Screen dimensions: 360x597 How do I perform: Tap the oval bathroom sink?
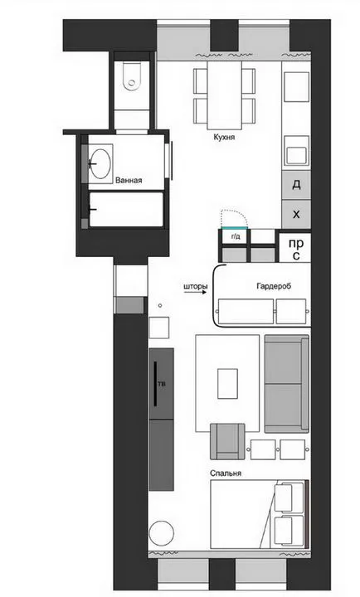click(101, 163)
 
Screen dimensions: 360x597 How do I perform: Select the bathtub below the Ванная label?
click(126, 210)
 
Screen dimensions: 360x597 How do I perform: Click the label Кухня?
click(224, 137)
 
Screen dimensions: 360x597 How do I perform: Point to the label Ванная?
click(129, 181)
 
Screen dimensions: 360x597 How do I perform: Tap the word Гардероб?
click(274, 286)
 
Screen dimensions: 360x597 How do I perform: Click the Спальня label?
click(226, 473)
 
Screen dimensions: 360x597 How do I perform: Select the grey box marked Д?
click(296, 185)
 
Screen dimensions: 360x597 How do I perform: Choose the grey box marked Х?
click(296, 215)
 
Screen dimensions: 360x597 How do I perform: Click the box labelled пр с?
click(294, 248)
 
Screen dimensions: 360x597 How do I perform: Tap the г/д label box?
click(235, 237)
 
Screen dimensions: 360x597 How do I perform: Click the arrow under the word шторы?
click(196, 293)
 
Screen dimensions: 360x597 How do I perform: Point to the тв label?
click(162, 384)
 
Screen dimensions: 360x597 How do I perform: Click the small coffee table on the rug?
click(228, 383)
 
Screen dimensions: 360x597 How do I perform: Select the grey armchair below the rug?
click(227, 441)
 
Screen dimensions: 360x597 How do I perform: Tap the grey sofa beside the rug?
click(287, 384)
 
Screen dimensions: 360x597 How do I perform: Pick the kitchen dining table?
click(225, 95)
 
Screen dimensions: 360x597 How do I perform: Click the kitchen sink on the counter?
click(296, 151)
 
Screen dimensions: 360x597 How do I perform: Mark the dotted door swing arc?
click(236, 212)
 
